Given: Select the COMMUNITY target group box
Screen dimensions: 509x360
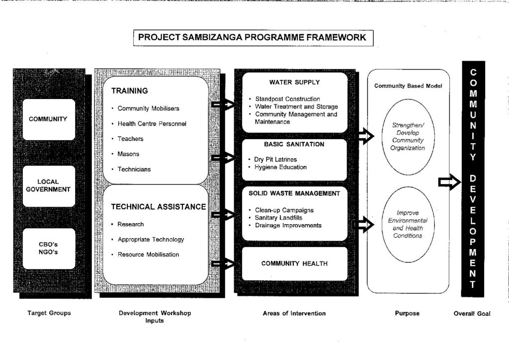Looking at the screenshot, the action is click(49, 119).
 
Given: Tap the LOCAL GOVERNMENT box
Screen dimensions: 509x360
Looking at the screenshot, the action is click(49, 186).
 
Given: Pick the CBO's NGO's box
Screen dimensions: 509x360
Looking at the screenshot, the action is click(49, 249).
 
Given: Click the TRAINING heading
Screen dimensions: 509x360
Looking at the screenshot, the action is click(129, 91).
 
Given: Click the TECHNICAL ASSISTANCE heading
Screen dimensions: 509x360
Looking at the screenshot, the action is click(159, 207).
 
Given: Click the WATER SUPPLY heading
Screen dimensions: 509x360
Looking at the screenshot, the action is click(294, 83).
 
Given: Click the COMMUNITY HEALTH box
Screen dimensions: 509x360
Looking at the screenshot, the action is click(294, 264).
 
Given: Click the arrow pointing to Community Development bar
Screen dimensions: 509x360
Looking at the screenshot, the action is click(449, 182).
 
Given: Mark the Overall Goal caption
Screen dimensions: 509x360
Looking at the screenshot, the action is click(472, 314).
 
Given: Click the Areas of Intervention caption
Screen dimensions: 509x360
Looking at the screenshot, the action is click(294, 313).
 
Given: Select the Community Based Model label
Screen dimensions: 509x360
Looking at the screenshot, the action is click(408, 86).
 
